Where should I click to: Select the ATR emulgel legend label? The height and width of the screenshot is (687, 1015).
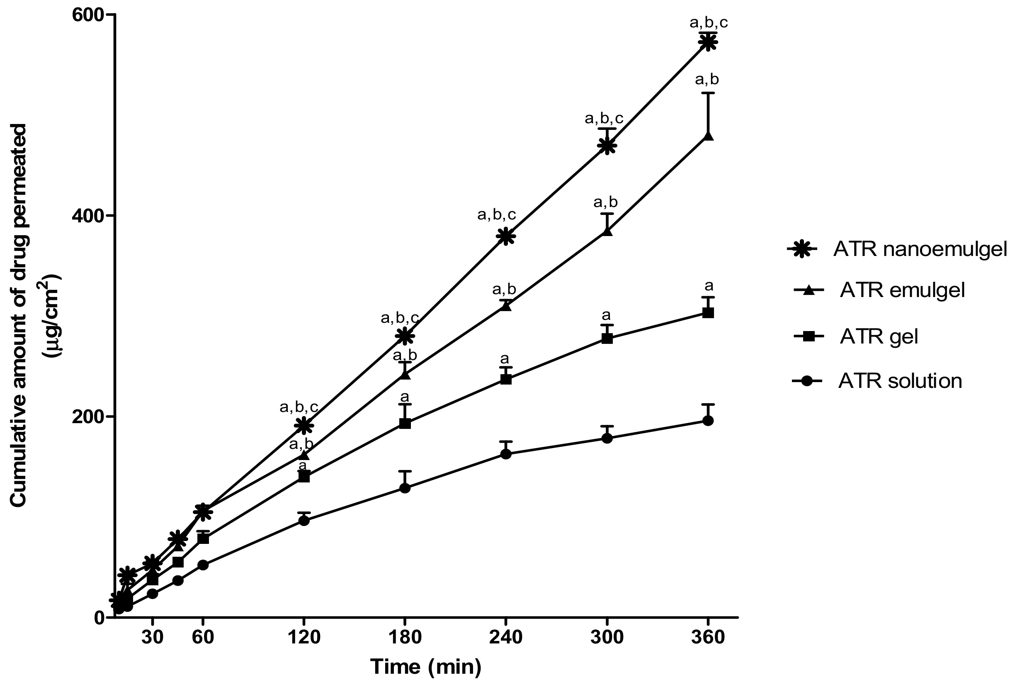(902, 290)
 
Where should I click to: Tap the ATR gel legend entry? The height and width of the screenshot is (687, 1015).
(878, 336)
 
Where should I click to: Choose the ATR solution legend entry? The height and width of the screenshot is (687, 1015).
(900, 381)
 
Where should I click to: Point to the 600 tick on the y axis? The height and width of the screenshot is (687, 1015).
(91, 15)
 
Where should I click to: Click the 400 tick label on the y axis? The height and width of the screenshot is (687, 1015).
(91, 216)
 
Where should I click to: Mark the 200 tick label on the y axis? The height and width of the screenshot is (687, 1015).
(91, 417)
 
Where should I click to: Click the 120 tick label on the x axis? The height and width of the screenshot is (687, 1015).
(304, 638)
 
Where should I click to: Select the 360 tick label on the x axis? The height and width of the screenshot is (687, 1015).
(708, 638)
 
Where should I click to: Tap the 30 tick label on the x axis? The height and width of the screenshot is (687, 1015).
(153, 638)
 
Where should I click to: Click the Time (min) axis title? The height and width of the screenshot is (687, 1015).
(426, 667)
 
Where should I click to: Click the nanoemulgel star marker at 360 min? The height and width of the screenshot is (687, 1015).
(708, 42)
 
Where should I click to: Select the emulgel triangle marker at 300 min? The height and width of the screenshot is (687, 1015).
(607, 231)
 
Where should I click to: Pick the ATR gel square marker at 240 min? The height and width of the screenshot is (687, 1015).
(506, 379)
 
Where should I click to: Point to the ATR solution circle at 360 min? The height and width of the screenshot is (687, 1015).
(708, 420)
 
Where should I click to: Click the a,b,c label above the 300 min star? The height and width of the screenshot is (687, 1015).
(604, 118)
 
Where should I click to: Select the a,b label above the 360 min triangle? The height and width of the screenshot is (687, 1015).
(707, 80)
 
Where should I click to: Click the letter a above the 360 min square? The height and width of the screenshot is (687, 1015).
(709, 286)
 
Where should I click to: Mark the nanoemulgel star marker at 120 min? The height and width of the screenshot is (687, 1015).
(304, 425)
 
